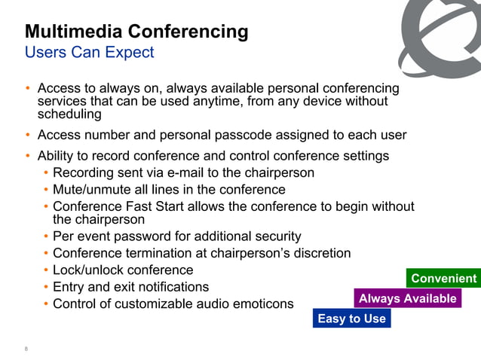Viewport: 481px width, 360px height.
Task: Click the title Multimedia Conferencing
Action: [136, 32]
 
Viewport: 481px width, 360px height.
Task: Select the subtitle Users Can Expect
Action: [89, 53]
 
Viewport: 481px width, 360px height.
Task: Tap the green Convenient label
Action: [443, 279]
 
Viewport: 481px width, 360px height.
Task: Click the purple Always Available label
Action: [407, 298]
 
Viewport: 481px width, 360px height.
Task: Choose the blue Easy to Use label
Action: [351, 319]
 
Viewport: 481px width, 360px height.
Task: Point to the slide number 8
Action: [26, 349]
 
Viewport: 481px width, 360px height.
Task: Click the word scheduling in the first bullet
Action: [69, 114]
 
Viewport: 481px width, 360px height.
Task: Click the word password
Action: [146, 236]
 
